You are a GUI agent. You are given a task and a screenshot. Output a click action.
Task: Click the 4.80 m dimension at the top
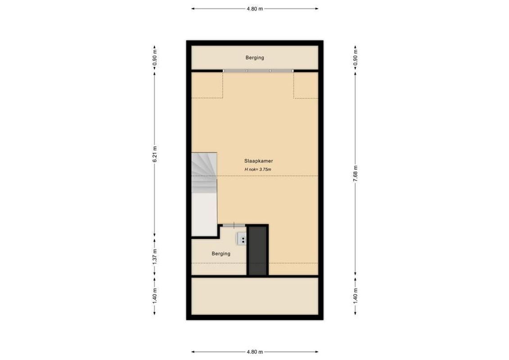pos(254,9)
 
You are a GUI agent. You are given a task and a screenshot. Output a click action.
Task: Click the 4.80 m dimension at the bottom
pos(254,352)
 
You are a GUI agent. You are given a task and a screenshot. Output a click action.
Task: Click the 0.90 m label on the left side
pos(155,58)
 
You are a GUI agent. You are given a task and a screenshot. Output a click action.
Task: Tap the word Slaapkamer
pos(259,161)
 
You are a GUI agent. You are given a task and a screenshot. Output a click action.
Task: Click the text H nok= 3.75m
pos(258,169)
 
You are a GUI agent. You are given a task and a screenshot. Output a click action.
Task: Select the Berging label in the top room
pos(255,58)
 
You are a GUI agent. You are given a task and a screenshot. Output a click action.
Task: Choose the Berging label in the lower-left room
pos(221,254)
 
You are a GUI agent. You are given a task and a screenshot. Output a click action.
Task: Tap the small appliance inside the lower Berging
pos(242,238)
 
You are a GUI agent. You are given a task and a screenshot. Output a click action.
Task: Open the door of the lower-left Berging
pos(234,225)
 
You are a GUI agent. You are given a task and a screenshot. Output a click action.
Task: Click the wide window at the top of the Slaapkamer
pos(258,71)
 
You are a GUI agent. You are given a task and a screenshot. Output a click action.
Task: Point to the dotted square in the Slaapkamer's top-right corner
pos(306,85)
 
